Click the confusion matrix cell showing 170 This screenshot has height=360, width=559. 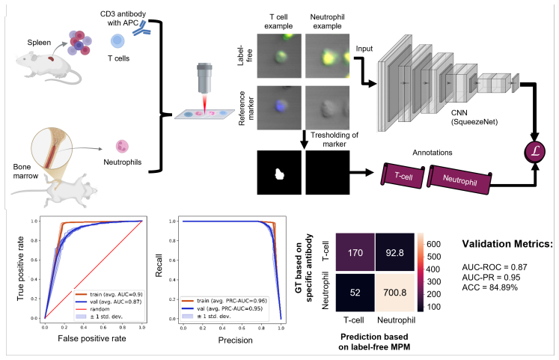[355, 253]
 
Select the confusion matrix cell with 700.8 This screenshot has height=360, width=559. [394, 293]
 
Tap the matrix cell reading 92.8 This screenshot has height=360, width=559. [394, 253]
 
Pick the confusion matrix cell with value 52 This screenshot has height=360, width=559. [355, 293]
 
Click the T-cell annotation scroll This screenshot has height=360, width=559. [403, 175]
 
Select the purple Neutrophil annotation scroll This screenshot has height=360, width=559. [459, 180]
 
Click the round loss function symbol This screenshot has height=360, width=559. [535, 152]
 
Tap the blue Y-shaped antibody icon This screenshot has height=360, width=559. [141, 28]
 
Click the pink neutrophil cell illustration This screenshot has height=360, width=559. [122, 146]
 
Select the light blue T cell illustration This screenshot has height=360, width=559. [117, 41]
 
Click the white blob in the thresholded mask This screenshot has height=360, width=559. [280, 174]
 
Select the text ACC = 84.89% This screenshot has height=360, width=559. [490, 287]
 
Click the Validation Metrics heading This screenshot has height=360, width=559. [507, 244]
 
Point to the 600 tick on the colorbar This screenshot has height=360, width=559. [433, 244]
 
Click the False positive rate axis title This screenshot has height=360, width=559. [92, 338]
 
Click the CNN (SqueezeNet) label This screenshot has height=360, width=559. [474, 118]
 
